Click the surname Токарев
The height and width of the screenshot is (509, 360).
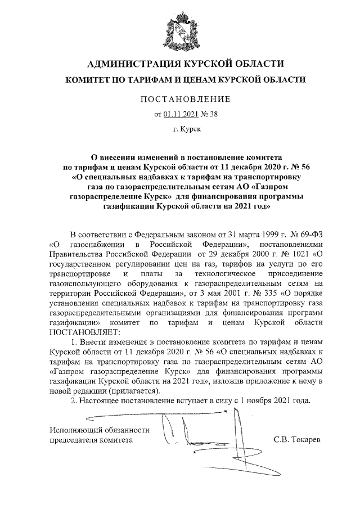(307, 440)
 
